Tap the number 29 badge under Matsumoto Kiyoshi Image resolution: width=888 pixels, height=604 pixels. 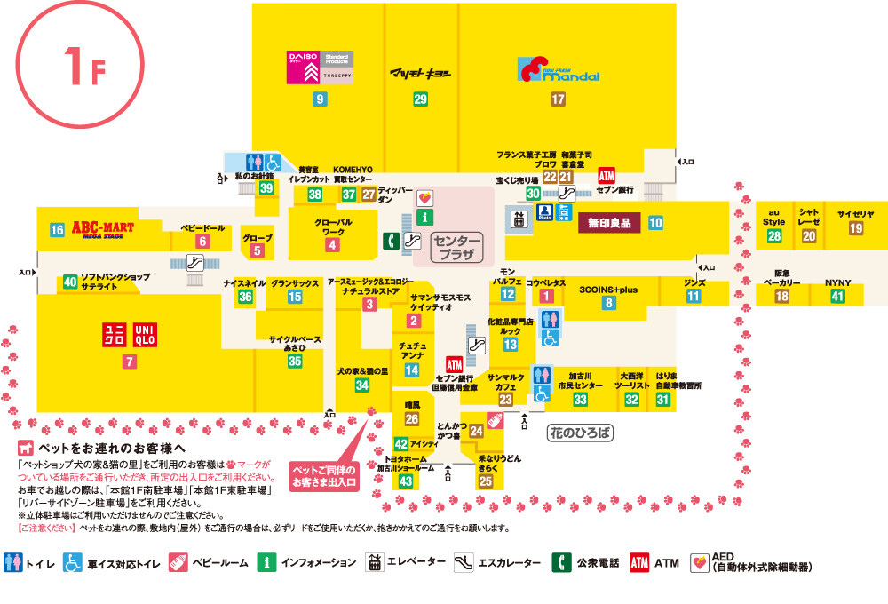[420, 99]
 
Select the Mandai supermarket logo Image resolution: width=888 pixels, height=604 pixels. [559, 71]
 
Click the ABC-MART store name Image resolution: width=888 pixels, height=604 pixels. [102, 228]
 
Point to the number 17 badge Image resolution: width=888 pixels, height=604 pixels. [558, 99]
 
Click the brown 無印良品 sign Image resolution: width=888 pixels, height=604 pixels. [608, 223]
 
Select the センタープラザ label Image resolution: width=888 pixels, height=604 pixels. [456, 249]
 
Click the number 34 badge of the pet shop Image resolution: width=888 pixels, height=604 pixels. [361, 385]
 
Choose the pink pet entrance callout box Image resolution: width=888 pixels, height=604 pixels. [324, 475]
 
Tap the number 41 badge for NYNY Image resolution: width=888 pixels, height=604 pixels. [837, 297]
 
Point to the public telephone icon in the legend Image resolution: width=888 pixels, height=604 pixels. [561, 562]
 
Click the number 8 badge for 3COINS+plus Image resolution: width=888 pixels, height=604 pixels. [608, 303]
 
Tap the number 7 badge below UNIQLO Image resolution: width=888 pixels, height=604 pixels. [131, 362]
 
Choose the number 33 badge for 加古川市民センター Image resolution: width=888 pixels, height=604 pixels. [580, 400]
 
